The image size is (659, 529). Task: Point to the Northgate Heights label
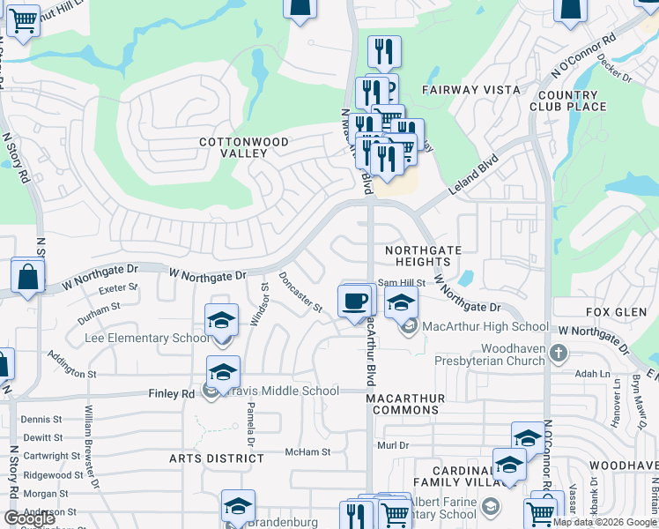[x=424, y=256]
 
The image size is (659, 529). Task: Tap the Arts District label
[x=217, y=458]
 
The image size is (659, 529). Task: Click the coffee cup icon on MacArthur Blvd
[x=355, y=302]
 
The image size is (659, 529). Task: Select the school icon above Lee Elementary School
[x=222, y=320]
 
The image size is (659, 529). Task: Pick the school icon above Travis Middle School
[x=224, y=372]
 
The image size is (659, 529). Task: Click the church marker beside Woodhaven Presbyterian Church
[x=558, y=354]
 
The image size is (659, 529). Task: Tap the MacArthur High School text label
[x=485, y=327]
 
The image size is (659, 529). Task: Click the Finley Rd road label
[x=176, y=393]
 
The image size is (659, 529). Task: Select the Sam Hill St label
[x=402, y=283]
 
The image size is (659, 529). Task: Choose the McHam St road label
[x=307, y=452]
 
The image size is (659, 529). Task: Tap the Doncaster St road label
[x=300, y=291]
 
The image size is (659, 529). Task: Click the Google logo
[x=30, y=518]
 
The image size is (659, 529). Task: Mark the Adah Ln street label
[x=592, y=374]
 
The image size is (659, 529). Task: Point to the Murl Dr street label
[x=393, y=445]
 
